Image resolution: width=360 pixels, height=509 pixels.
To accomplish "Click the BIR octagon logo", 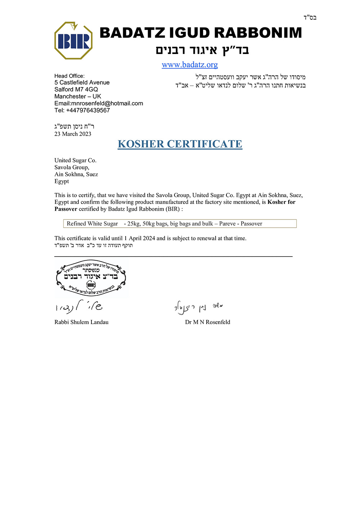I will click(73, 41).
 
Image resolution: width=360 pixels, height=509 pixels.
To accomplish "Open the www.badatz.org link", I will click(190, 65).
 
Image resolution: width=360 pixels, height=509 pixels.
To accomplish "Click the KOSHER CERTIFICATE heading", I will click(180, 144).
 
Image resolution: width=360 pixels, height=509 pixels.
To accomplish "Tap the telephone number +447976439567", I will click(88, 110).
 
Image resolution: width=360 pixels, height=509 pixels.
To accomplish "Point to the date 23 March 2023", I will click(73, 134).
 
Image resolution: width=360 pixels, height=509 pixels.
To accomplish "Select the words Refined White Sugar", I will click(92, 224).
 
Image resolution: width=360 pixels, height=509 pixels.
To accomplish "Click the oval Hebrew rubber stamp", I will click(91, 278).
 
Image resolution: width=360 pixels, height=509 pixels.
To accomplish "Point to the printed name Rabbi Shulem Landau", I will click(81, 322).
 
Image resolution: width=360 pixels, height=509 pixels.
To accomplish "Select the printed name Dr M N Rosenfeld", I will click(207, 322).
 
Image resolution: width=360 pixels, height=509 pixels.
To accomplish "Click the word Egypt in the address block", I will click(62, 182).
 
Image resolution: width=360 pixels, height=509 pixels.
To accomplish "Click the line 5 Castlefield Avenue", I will click(82, 83).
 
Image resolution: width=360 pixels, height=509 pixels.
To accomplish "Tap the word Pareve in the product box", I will click(227, 224).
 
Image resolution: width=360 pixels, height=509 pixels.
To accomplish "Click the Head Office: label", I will click(69, 76).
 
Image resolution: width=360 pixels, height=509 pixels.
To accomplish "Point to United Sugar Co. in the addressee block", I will click(75, 160).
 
